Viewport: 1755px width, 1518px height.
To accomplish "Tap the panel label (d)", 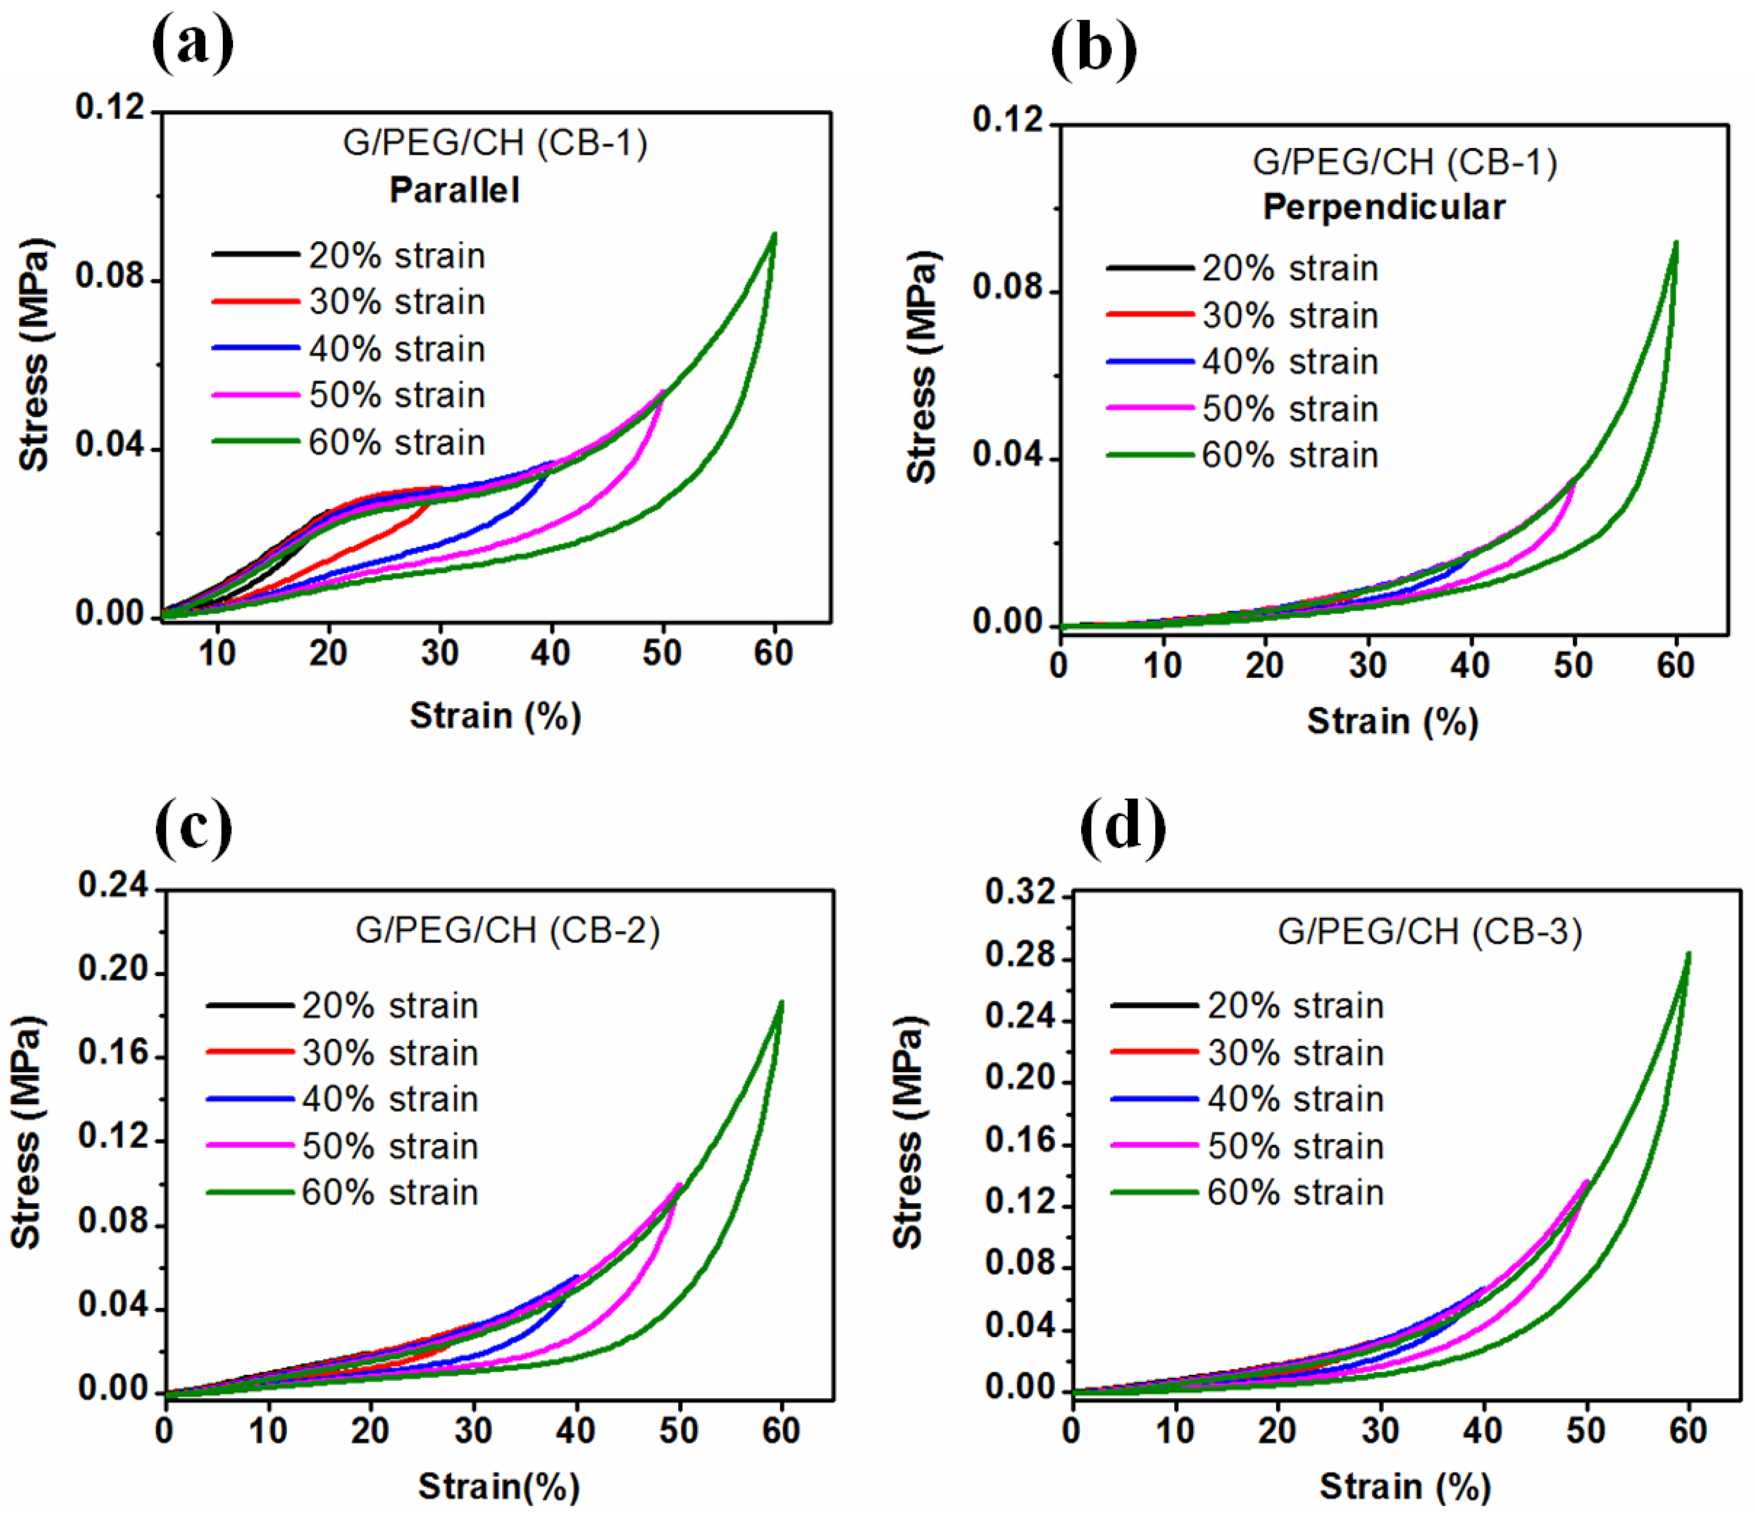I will (x=1123, y=828).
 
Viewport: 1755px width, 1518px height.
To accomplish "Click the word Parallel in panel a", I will (x=454, y=190).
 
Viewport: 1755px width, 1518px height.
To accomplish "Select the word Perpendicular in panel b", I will (x=1384, y=206).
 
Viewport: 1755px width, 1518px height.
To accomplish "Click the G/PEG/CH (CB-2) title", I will (x=507, y=930).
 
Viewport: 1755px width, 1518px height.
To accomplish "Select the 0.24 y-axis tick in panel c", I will (x=113, y=885).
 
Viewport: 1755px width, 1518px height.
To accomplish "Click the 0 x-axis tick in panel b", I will (x=1059, y=666).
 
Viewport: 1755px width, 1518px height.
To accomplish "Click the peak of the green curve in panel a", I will (x=774, y=234).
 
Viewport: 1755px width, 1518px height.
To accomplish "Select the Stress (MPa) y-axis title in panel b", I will (x=922, y=367).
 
